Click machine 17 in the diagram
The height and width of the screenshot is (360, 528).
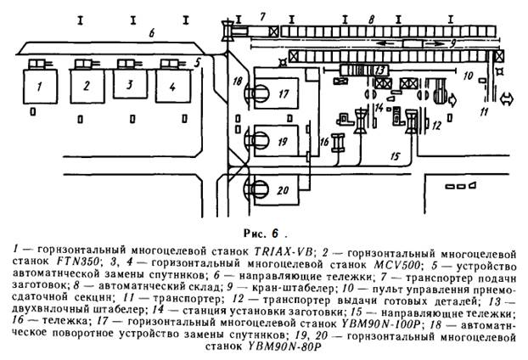tap(283, 93)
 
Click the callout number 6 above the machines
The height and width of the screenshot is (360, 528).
tap(151, 33)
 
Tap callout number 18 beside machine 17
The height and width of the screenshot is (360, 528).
tap(237, 80)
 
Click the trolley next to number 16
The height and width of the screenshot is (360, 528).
tap(338, 143)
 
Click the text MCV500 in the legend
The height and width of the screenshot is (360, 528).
tap(364, 263)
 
